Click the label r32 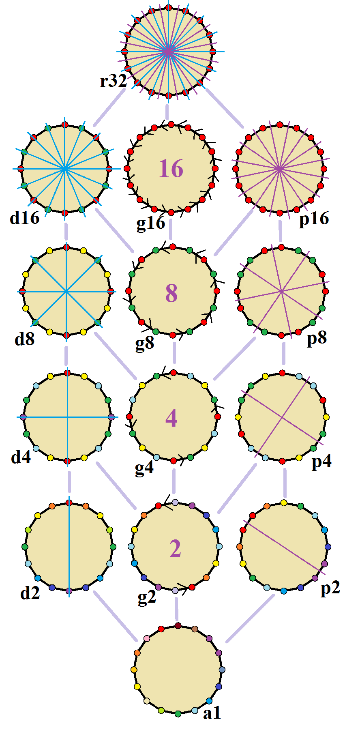coord(114,81)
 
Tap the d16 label coord(25,218)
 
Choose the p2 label coord(330,588)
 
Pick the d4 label coord(21,458)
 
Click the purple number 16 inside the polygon coord(171,168)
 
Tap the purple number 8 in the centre coord(171,293)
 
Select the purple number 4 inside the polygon coord(171,418)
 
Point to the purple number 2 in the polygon coord(175,549)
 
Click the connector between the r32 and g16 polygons coord(167,111)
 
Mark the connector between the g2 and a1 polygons coord(177,609)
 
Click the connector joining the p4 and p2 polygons coord(285,483)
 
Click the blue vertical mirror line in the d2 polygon coord(69,547)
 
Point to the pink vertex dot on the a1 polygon coord(147,638)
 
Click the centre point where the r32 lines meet coord(168,52)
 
